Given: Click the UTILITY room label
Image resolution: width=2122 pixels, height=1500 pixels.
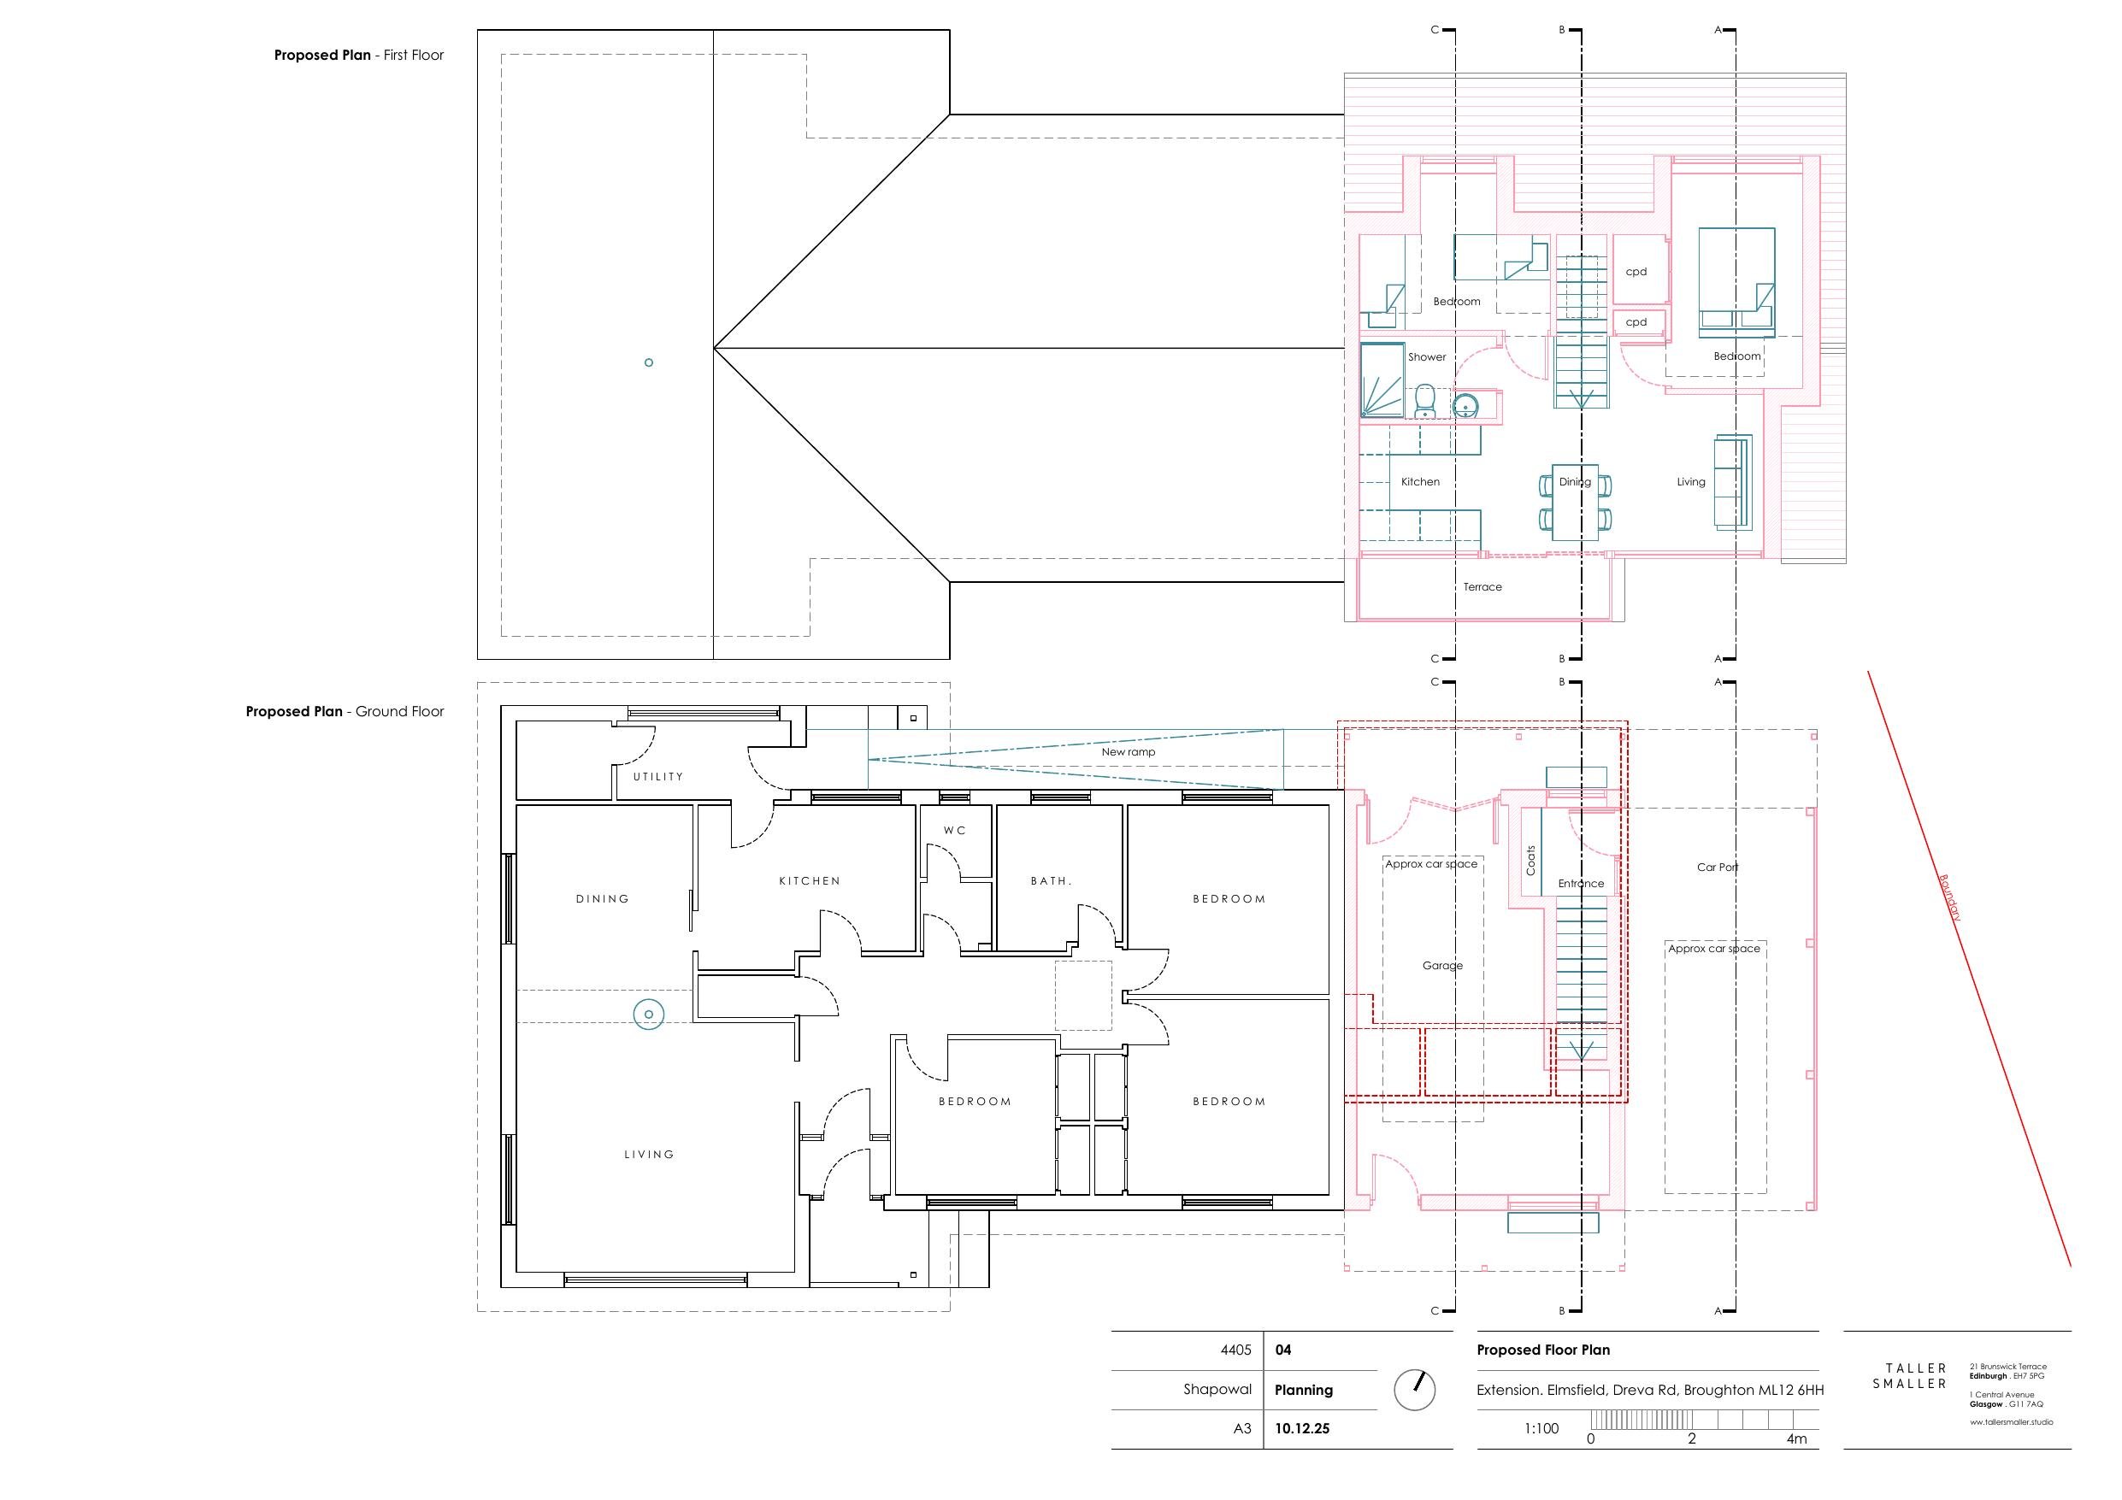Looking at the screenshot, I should point(658,776).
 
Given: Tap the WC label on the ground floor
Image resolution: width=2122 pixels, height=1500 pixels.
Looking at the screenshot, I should point(955,830).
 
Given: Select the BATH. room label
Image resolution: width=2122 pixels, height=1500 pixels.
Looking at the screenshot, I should point(1051,881).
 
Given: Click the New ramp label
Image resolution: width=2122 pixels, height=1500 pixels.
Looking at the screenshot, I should point(1128,751).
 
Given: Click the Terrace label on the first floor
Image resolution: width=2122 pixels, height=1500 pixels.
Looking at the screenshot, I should point(1482,587).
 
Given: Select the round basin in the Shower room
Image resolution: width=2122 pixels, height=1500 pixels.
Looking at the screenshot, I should point(1465,405).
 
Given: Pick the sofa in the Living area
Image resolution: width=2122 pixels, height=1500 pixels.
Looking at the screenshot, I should point(1732,481).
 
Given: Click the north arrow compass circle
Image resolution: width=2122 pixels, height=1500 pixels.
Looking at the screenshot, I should point(1414,1389).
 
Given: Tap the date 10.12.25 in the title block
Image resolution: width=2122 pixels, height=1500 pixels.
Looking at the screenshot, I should point(1301,1428).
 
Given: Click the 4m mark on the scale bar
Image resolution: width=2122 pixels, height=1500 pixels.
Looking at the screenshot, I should point(1795,1438).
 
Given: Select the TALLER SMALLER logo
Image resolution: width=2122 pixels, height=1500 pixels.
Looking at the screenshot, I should point(1909,1375).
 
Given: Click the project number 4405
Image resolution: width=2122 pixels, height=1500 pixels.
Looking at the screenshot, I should point(1235,1350).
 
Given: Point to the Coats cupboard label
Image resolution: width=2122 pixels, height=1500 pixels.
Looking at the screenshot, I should point(1530,861).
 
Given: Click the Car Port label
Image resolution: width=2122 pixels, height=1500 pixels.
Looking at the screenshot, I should point(1718,867).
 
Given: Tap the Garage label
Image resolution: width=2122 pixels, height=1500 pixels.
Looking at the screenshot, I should point(1441,965).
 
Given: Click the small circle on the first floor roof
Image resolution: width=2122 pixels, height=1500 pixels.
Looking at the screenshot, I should point(649,362).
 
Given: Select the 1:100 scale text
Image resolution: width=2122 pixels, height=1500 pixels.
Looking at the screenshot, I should point(1541,1428).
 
